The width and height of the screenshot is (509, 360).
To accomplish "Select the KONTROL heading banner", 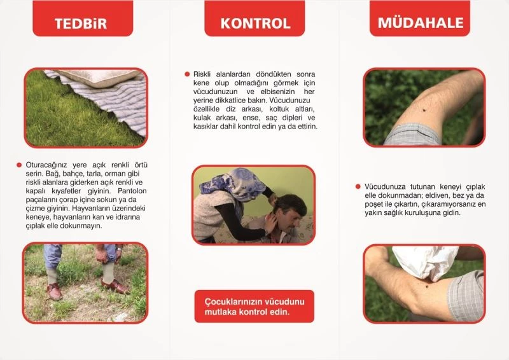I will click(255, 24).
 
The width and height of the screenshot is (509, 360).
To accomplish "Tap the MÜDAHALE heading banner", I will click(421, 24).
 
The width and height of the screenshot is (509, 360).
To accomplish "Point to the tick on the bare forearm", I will click(422, 116).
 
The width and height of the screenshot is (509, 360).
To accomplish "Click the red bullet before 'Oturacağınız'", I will click(19, 164).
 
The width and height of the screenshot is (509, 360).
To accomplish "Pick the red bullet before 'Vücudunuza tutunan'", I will click(358, 187).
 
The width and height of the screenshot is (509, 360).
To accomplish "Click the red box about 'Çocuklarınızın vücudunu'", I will click(254, 306).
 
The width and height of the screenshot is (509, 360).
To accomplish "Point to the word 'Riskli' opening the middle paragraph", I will click(204, 74).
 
